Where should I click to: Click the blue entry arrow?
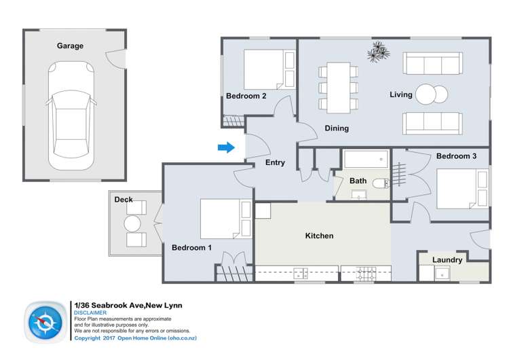tap(226, 147)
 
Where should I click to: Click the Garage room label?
tap(70, 46)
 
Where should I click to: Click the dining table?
tap(337, 86)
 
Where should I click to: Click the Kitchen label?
tap(319, 236)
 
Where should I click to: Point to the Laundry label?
tap(447, 260)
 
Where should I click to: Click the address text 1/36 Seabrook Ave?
tap(108, 305)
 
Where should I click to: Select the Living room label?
tap(401, 94)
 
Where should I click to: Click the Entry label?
tap(275, 163)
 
